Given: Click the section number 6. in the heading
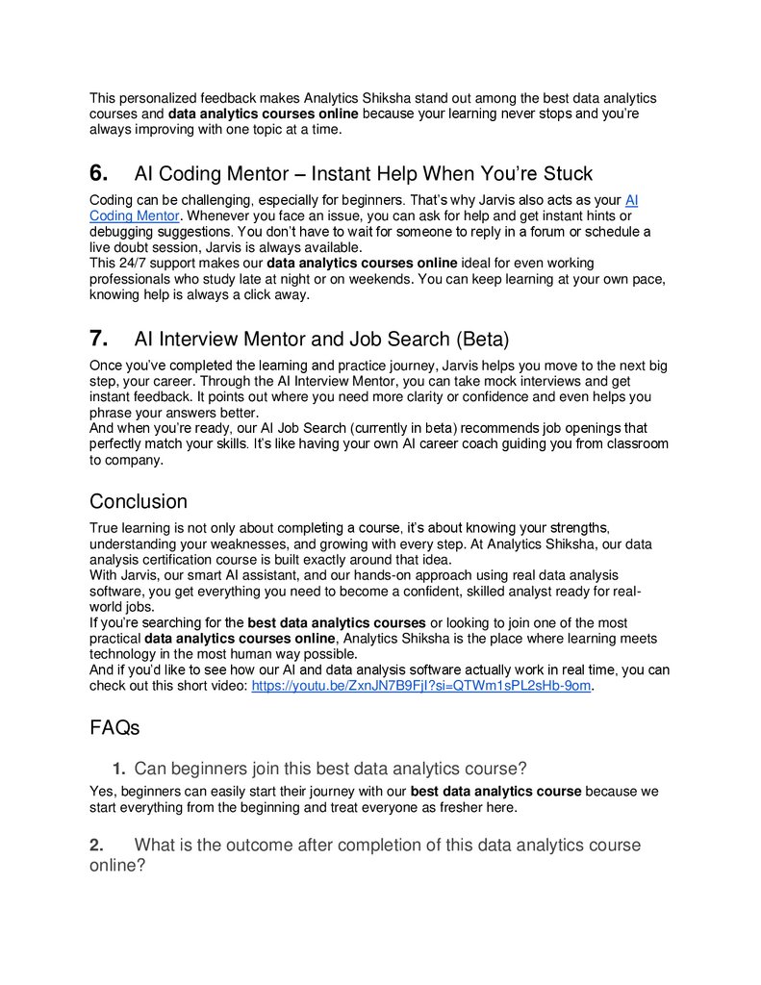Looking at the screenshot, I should [98, 174].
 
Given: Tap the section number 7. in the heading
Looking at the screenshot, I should [98, 340].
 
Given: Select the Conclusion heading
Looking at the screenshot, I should [138, 502].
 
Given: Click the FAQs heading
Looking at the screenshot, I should [114, 728].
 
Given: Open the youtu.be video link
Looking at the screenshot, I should [420, 686].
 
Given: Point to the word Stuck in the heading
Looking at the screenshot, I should [566, 174].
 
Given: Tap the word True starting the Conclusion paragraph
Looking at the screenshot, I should [106, 527].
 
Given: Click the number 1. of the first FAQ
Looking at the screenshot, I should [118, 770].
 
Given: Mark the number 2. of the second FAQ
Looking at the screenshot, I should [96, 846].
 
